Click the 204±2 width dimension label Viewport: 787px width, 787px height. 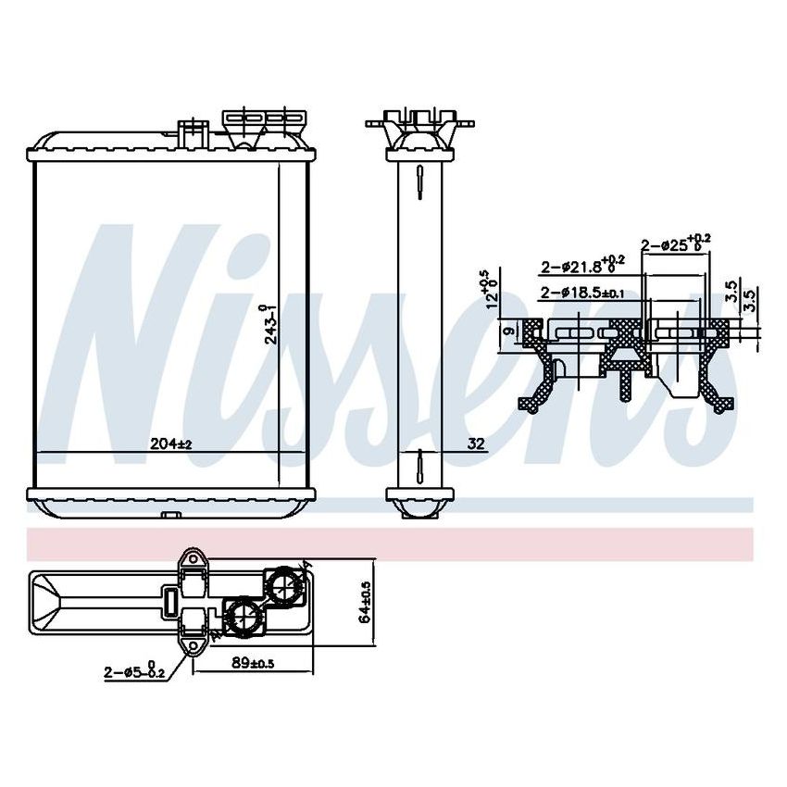click(170, 444)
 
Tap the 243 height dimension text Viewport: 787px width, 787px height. click(269, 325)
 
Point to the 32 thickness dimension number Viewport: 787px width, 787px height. click(476, 444)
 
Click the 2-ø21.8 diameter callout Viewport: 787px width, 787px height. click(582, 267)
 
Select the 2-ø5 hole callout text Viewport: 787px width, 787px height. click(135, 673)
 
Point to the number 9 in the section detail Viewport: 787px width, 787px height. click(507, 331)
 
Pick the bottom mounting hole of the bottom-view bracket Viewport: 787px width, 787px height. click(194, 645)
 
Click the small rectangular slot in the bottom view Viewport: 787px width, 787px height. click(170, 601)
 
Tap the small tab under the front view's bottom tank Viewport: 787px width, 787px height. click(169, 516)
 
